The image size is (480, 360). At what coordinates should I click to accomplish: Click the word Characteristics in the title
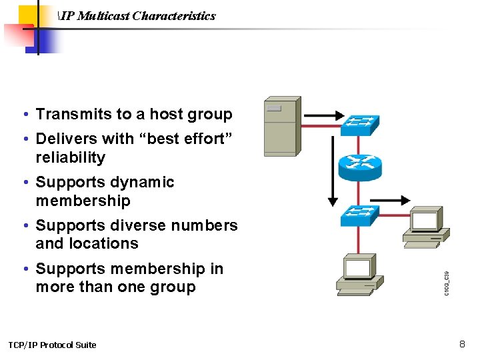pyautogui.click(x=174, y=15)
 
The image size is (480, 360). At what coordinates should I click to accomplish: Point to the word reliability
pyautogui.click(x=71, y=158)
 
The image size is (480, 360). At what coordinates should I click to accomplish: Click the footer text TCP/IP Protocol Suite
pyautogui.click(x=52, y=345)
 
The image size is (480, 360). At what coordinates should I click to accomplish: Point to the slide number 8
pyautogui.click(x=461, y=344)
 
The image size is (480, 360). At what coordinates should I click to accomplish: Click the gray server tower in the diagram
pyautogui.click(x=281, y=127)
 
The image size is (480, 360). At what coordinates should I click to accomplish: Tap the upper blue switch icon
pyautogui.click(x=360, y=124)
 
